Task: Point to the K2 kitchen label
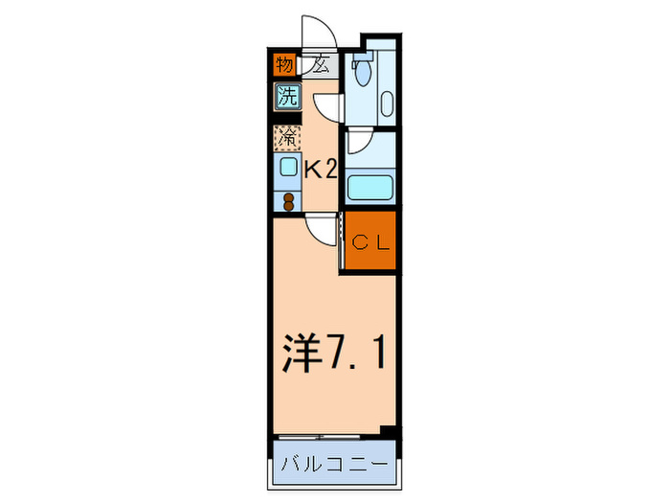[x=321, y=170]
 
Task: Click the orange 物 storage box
[x=284, y=66]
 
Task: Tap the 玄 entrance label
[x=321, y=66]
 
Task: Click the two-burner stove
[x=288, y=201]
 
